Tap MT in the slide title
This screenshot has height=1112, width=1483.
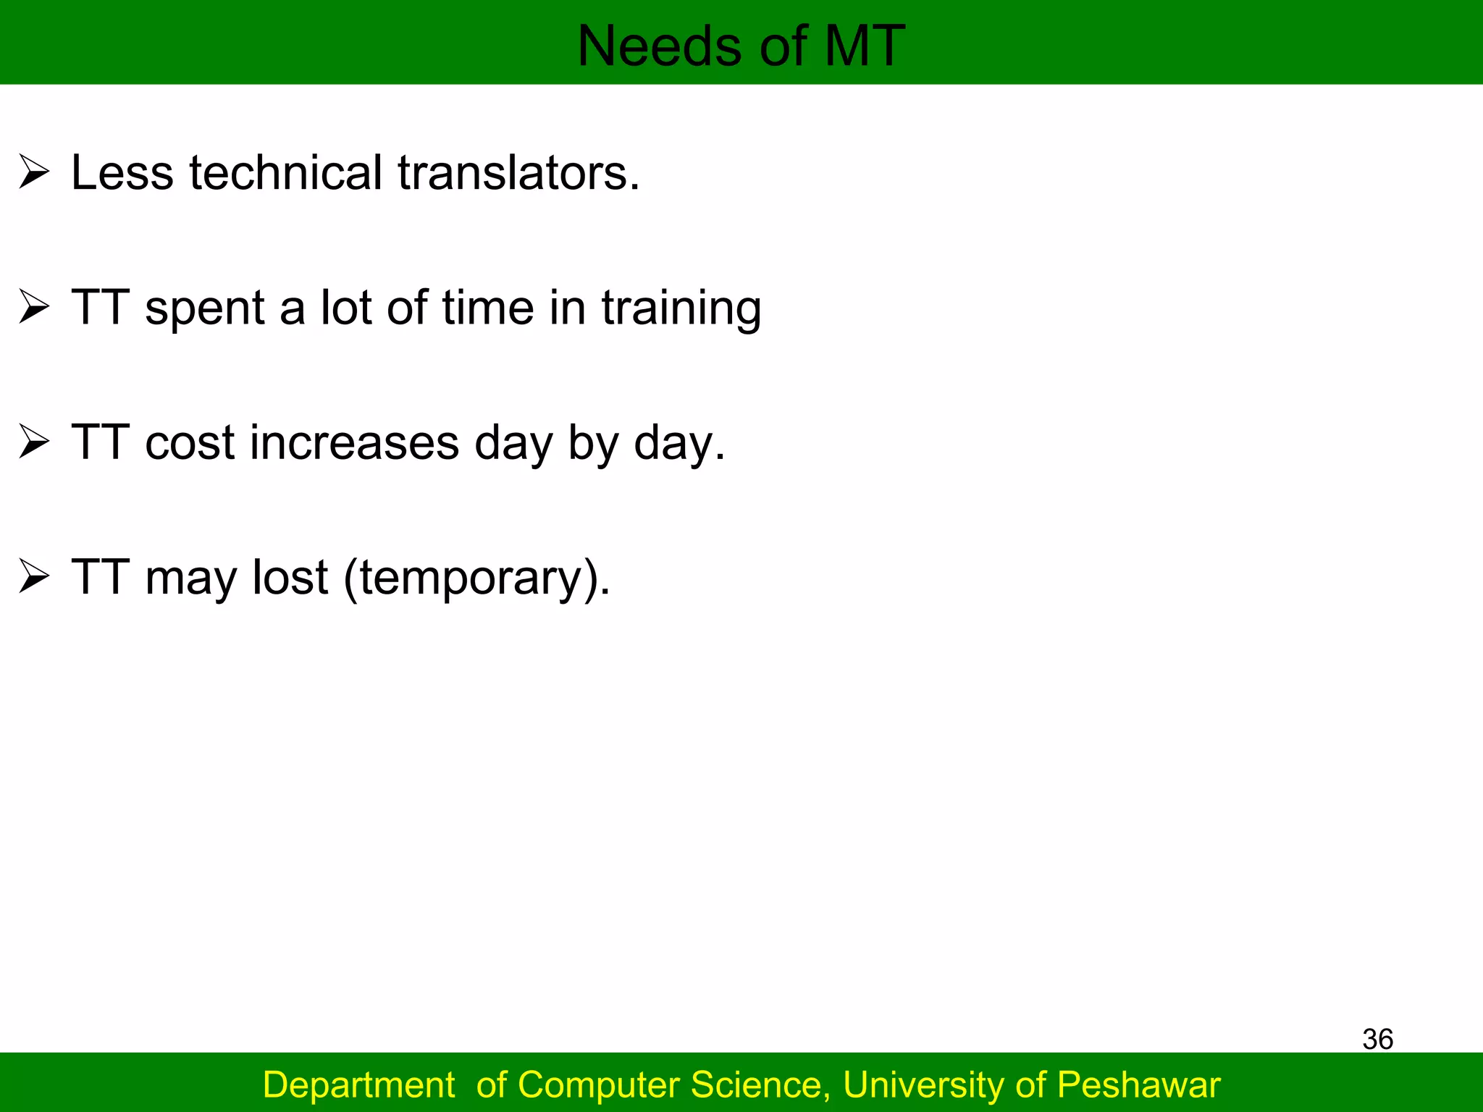pos(865,46)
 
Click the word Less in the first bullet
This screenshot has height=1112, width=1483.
pos(122,173)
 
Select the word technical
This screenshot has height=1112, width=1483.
pos(285,173)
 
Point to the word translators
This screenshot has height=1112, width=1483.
pos(518,173)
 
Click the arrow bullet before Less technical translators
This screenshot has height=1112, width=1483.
pos(34,172)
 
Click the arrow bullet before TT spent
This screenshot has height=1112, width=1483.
pos(34,307)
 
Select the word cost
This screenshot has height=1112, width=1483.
pos(190,442)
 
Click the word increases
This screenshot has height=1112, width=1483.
pos(354,442)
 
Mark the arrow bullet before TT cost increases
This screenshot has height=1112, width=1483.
pos(34,442)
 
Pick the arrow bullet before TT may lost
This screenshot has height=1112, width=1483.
pos(34,577)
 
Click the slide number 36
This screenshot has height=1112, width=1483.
pos(1377,1039)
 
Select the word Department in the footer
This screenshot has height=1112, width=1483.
pos(358,1085)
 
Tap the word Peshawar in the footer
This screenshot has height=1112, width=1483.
pos(1138,1085)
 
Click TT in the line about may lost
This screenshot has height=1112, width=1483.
pos(101,577)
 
